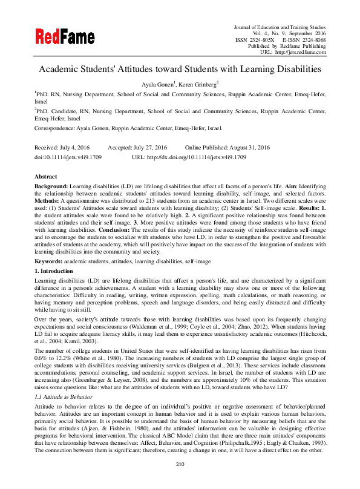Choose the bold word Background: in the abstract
51,184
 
